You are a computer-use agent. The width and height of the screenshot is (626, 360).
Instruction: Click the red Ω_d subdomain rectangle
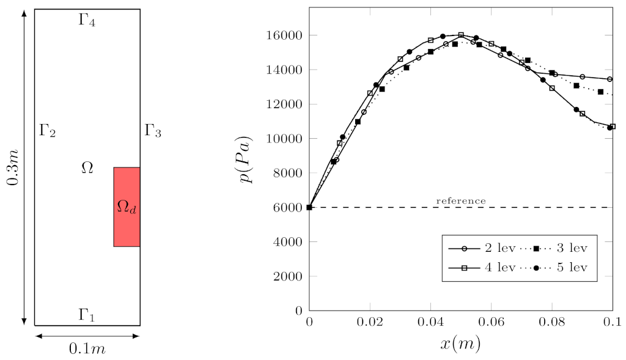(127, 207)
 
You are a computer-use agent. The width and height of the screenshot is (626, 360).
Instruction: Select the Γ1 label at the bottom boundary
(87, 315)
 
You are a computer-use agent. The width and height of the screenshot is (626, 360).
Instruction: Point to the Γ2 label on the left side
(48, 130)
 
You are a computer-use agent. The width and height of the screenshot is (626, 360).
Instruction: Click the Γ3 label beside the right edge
(153, 130)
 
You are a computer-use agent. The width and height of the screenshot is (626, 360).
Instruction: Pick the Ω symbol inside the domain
(87, 168)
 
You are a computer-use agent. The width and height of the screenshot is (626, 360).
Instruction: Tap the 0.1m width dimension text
(87, 349)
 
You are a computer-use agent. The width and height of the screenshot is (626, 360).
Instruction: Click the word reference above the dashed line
(461, 200)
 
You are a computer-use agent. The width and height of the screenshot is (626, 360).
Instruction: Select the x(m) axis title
(460, 344)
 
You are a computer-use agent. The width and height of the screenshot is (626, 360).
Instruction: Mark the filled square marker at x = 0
(309, 207)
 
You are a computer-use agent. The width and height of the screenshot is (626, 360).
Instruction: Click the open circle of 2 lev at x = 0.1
(609, 79)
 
